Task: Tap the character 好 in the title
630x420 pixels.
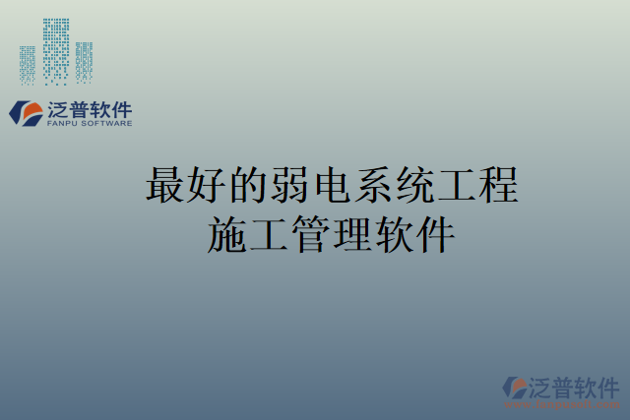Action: tap(208, 185)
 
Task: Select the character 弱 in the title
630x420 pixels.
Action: tap(291, 185)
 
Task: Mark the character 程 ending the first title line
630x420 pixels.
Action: tap(499, 185)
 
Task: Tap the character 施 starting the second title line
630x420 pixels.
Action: tap(228, 236)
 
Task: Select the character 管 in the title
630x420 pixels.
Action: tap(312, 236)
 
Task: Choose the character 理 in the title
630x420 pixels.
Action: tap(353, 236)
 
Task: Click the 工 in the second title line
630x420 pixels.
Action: tap(271, 236)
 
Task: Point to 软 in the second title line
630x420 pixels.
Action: tap(395, 236)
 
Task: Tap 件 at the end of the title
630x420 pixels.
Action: tap(436, 236)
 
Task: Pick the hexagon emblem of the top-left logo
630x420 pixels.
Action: tap(24, 112)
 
